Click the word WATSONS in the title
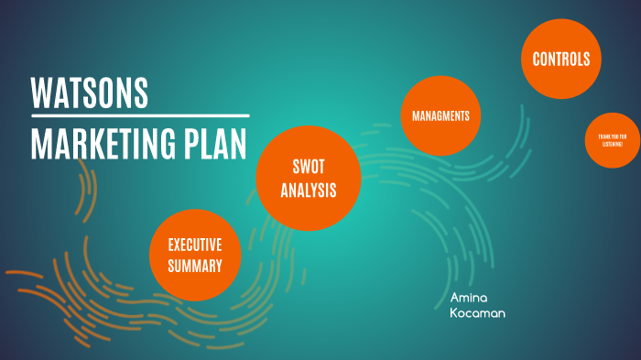point(89,93)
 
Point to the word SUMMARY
point(195,267)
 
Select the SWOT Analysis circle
point(309,179)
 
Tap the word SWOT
point(309,167)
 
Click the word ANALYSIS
point(309,191)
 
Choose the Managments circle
point(441,116)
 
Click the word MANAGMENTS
point(441,116)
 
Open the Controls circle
point(561,60)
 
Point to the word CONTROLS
point(561,60)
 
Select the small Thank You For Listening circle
point(612,141)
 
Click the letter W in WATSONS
point(41,93)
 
